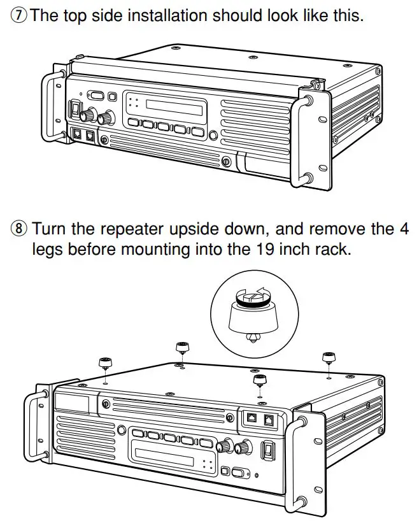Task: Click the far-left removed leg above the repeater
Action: pyautogui.click(x=104, y=365)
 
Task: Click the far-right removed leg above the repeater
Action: pyautogui.click(x=329, y=358)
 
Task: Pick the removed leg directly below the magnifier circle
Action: pyautogui.click(x=259, y=382)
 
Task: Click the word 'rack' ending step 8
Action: pyautogui.click(x=332, y=248)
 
